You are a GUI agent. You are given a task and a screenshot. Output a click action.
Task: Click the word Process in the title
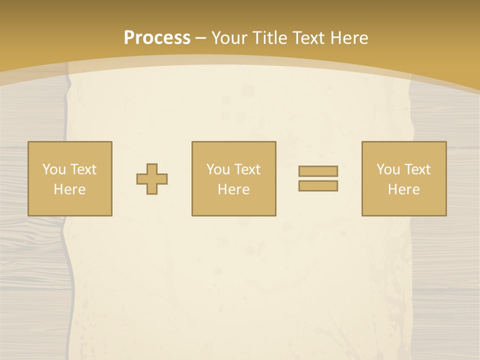[157, 38]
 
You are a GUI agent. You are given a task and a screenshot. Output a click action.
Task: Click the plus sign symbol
[152, 179]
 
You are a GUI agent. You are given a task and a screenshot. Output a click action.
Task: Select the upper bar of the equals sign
[318, 171]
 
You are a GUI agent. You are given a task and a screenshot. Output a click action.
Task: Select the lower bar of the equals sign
[318, 185]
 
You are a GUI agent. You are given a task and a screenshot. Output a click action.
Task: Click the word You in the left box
[53, 169]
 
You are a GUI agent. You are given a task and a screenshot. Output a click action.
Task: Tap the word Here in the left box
[69, 189]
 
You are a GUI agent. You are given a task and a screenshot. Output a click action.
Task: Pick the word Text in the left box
[82, 169]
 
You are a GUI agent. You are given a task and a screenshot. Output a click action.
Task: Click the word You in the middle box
[217, 169]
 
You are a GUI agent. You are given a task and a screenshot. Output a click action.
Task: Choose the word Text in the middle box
[247, 169]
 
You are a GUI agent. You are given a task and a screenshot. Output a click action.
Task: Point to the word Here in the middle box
[233, 189]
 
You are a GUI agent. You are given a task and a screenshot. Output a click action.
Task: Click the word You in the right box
[387, 169]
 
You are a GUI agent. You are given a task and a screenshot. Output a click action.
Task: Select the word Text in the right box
[417, 169]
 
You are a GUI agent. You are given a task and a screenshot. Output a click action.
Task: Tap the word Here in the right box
[403, 189]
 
